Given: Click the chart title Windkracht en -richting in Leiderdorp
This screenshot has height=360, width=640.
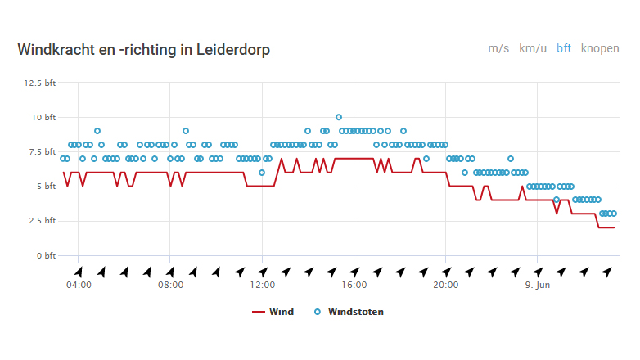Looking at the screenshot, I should (144, 50).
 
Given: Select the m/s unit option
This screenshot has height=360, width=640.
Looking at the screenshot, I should (498, 48).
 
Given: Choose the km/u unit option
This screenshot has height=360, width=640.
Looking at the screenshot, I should (533, 48).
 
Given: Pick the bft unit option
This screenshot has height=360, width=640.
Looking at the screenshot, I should (564, 48).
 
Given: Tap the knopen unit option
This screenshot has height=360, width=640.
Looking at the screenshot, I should (600, 48).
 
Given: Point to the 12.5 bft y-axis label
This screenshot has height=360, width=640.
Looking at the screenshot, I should (40, 83).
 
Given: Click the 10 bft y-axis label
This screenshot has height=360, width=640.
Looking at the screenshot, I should (44, 117).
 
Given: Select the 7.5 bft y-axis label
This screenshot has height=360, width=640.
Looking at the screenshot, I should (42, 151).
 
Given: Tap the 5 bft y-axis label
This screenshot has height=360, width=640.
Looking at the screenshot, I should (46, 186).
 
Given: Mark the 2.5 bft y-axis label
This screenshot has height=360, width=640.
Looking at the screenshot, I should (42, 220).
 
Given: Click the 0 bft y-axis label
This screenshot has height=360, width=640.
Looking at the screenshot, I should (46, 255).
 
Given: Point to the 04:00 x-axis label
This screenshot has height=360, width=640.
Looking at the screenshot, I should (78, 285).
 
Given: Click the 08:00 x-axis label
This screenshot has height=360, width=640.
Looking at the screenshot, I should (169, 285).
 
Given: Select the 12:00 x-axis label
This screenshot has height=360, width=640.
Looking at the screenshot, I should (262, 285).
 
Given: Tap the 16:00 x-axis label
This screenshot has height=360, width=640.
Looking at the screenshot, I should (354, 285).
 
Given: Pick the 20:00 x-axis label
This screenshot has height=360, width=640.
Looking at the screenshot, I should (445, 285).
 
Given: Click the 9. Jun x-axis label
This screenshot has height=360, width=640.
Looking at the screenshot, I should (537, 285).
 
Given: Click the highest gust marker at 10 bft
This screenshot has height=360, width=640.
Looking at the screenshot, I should (339, 117).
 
